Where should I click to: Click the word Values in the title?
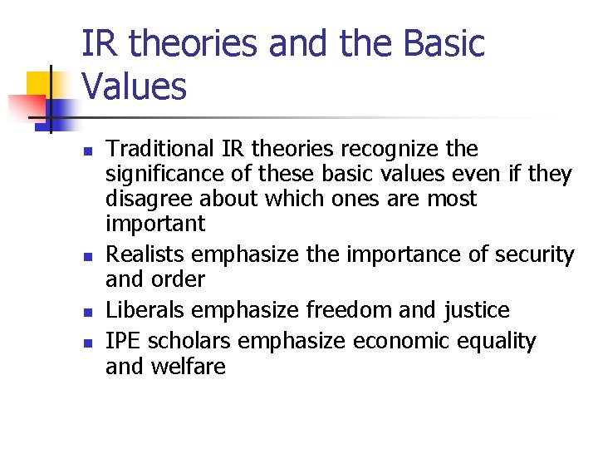[x=135, y=86]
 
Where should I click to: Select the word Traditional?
[x=160, y=150]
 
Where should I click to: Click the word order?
[x=179, y=279]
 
